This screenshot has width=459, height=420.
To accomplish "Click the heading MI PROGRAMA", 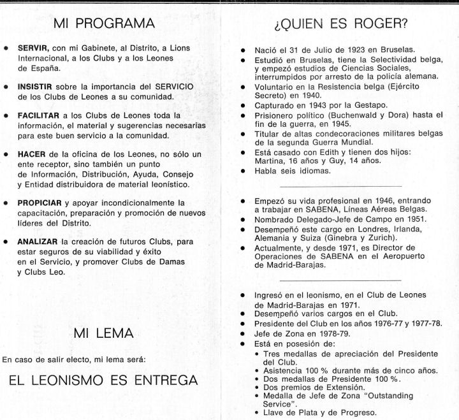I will pos(113,24).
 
